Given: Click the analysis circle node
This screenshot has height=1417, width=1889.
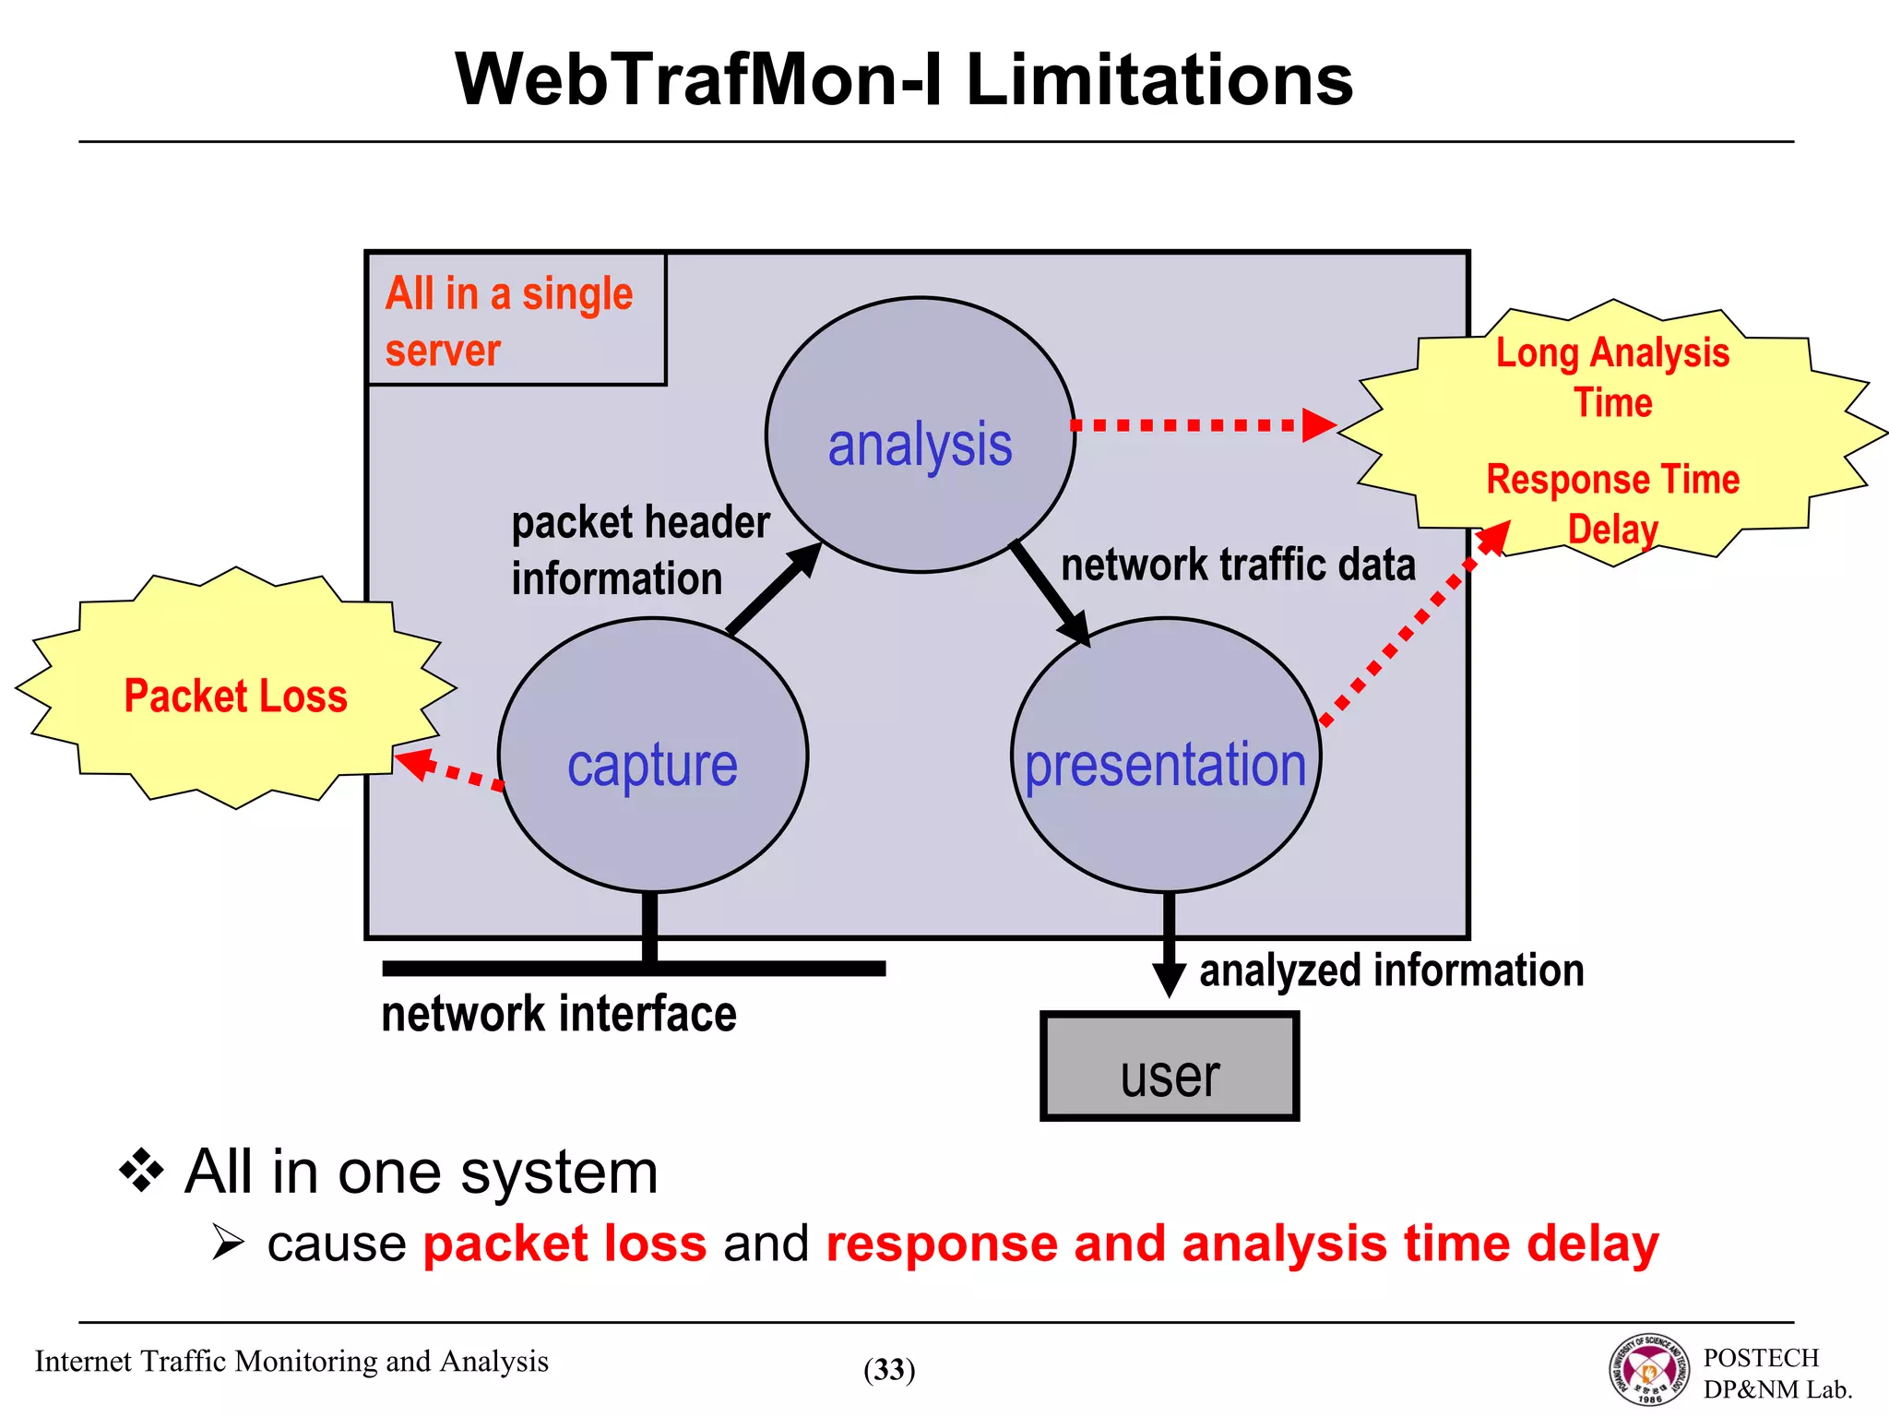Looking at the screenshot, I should [921, 435].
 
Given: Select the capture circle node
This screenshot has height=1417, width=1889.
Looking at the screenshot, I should [653, 756].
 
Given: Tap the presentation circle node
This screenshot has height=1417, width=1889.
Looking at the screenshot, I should [1166, 756].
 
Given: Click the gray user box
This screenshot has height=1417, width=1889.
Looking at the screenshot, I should [1170, 1066].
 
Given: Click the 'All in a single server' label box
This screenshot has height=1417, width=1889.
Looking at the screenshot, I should [517, 319].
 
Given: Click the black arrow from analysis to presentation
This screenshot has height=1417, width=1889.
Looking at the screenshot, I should [1051, 594].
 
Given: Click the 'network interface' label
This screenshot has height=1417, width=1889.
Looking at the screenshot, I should [559, 1014].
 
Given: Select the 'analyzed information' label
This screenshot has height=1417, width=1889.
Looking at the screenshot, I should [1391, 970].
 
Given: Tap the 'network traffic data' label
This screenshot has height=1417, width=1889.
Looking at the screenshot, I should [1238, 565].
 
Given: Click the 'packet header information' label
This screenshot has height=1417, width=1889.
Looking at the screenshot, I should [640, 551].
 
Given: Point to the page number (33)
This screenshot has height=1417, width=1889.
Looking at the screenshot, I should [889, 1370].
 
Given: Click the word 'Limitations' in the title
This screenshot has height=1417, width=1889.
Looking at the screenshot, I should [1158, 80].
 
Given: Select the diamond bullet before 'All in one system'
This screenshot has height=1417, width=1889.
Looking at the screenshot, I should [141, 1172].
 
